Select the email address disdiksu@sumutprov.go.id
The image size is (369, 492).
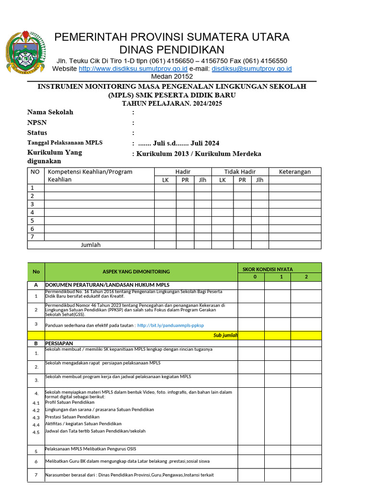[251, 69]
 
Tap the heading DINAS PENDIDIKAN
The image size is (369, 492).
[172, 49]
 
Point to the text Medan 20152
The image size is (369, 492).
[172, 76]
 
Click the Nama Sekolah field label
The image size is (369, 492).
[50, 112]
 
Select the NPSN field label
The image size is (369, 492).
[37, 123]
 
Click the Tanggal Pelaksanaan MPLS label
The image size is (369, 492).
[65, 143]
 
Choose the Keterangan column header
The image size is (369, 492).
[295, 172]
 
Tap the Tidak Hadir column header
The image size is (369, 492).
[240, 172]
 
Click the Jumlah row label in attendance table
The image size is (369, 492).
[90, 245]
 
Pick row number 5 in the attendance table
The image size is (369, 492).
[32, 221]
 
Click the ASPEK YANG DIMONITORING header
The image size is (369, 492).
[136, 271]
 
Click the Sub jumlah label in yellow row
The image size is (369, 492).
[225, 335]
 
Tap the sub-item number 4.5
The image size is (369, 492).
[36, 432]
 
